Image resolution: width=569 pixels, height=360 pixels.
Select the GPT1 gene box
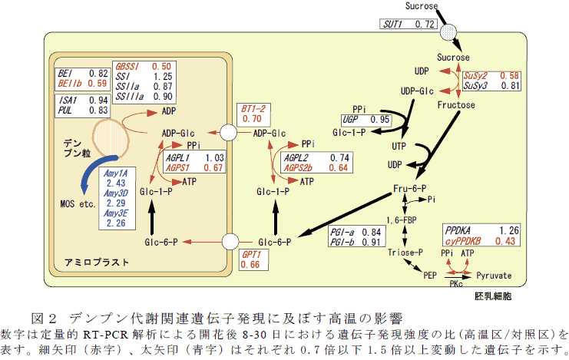pos(253,259)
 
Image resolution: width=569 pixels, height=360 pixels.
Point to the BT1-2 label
pos(253,108)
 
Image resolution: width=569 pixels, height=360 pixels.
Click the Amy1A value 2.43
pos(116,183)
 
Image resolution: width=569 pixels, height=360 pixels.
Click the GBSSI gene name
pos(127,67)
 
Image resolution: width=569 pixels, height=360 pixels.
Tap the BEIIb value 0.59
pos(97,83)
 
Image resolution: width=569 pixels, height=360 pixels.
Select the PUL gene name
pos(65,111)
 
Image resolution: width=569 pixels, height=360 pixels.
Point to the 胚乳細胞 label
pos(492,295)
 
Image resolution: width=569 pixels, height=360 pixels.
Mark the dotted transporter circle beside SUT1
pos(448,33)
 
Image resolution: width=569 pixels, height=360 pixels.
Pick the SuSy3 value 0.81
pos(509,86)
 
